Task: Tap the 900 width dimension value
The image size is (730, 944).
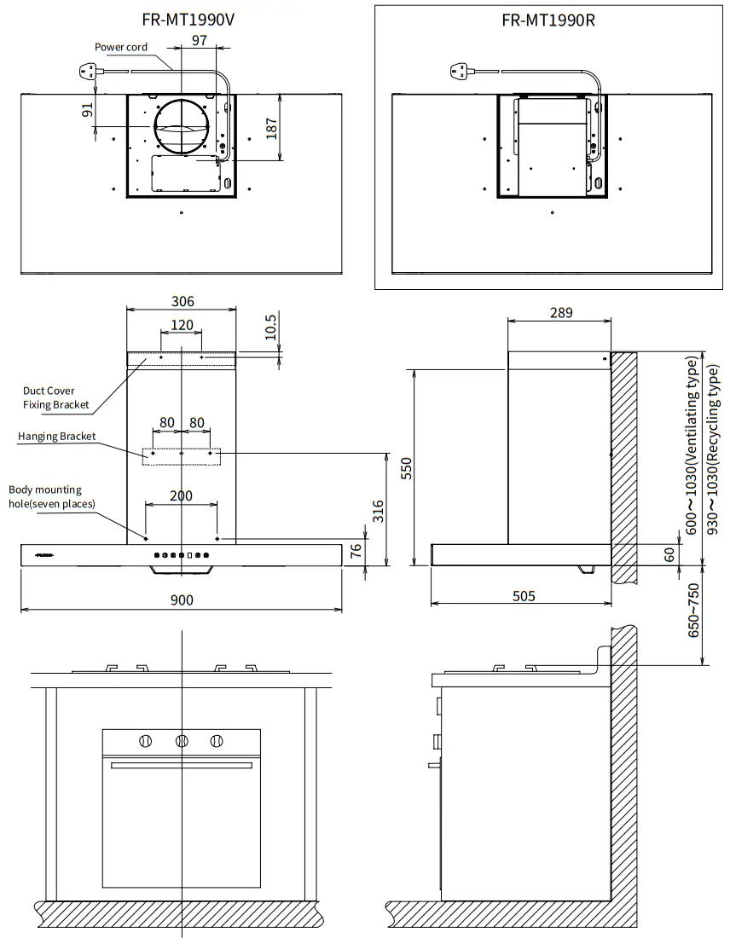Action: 182,600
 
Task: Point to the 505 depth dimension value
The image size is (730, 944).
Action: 524,596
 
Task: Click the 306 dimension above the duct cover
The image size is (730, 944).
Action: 182,301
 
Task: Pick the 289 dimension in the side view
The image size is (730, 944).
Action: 560,313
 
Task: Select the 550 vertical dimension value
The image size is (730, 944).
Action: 407,468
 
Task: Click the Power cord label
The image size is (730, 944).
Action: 120,47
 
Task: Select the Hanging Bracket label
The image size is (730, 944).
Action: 57,437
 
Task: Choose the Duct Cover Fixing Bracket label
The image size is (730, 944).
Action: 55,397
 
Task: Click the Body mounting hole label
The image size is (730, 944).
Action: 51,496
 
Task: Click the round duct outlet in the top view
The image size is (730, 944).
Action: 182,127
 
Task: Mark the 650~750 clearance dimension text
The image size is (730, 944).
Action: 694,611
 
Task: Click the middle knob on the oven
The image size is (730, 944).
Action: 182,740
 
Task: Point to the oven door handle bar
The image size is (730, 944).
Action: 182,765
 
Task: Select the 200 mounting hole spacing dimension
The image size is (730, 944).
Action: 182,495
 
